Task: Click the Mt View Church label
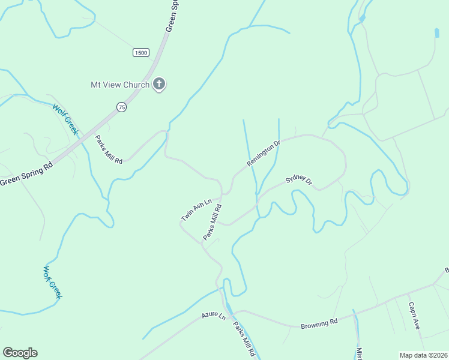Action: [119, 85]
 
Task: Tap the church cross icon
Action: [159, 84]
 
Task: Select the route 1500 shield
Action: [140, 53]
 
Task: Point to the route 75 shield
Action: [122, 107]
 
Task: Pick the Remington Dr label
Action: [264, 154]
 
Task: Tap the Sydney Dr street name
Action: [299, 179]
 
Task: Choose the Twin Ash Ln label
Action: [197, 210]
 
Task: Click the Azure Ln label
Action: [213, 315]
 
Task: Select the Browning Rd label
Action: [320, 323]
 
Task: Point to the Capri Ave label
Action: [414, 316]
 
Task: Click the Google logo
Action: [20, 353]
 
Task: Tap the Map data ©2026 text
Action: [424, 355]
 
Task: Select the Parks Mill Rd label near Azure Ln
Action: [245, 340]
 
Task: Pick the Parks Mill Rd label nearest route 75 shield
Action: [109, 149]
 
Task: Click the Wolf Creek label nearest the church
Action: [65, 120]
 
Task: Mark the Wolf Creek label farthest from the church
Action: [52, 282]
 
